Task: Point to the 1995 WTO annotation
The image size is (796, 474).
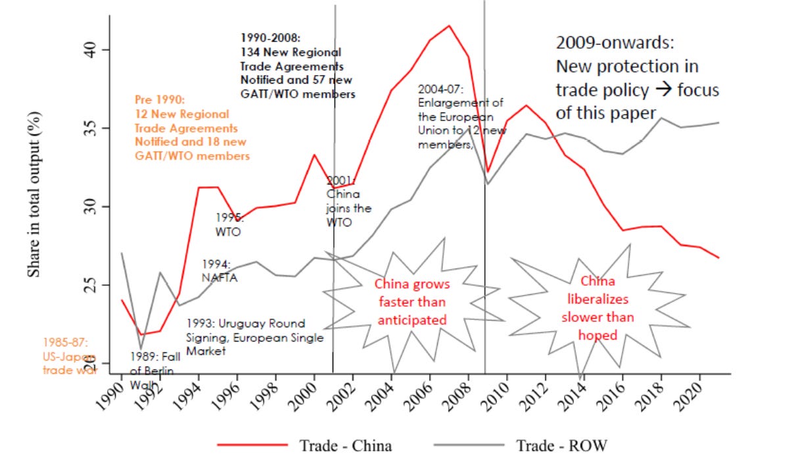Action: (229, 224)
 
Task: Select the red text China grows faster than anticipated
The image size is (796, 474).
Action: (412, 302)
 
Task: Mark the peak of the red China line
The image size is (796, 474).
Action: (449, 26)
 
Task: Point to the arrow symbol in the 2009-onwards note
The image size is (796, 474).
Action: (665, 90)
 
